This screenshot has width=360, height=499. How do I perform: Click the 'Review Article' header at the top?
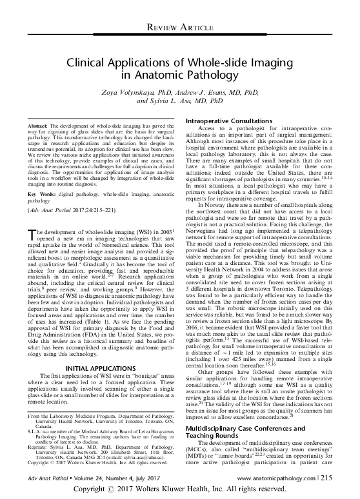(180, 26)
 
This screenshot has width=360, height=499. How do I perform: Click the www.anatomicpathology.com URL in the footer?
(290, 478)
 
